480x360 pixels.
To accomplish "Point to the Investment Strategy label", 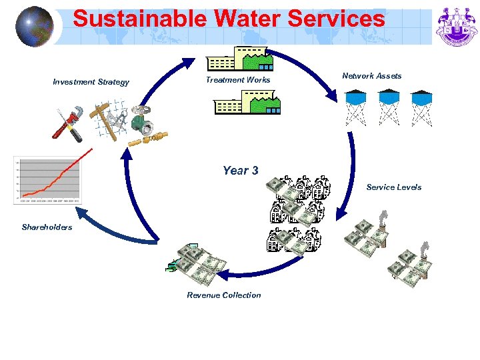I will [91, 82].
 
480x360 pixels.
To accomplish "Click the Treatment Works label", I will [238, 80].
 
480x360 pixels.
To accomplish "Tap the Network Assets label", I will [372, 76].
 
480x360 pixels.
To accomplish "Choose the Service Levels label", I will [393, 187].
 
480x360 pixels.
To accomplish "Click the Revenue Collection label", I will [224, 295].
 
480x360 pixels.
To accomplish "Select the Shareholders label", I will [47, 227].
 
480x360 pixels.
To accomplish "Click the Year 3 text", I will [240, 171].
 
